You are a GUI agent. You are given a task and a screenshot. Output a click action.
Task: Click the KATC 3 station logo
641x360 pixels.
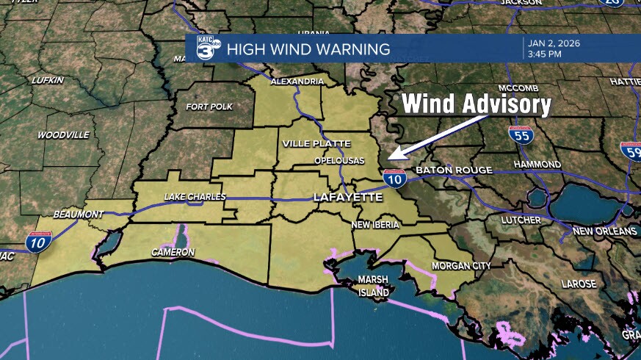[x=207, y=49]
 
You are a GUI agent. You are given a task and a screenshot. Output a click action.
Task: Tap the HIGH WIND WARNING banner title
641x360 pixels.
[x=308, y=50]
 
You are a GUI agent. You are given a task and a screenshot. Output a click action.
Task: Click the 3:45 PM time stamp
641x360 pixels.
[x=545, y=54]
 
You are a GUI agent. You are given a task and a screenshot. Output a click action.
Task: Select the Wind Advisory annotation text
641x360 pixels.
[x=476, y=105]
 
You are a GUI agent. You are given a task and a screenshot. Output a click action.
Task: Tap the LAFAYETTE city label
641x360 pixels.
[x=347, y=198]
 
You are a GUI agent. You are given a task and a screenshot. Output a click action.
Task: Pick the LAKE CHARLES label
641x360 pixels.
[x=195, y=197]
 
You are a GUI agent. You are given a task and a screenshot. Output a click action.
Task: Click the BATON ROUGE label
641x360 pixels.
[x=454, y=170]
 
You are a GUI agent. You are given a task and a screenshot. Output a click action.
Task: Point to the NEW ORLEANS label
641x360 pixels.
[x=605, y=231]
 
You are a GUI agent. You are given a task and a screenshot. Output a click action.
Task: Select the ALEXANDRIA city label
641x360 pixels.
[x=297, y=82]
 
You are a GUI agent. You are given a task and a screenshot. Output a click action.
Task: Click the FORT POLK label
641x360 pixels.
[x=209, y=107]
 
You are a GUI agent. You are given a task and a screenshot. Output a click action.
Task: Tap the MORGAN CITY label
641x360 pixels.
[x=460, y=265]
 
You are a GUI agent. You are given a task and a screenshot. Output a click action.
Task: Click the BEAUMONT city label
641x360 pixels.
[x=79, y=214]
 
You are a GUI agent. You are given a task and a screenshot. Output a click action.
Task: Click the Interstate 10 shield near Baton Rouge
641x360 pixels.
[x=394, y=177]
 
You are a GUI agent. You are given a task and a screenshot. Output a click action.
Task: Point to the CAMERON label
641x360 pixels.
[x=173, y=252]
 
